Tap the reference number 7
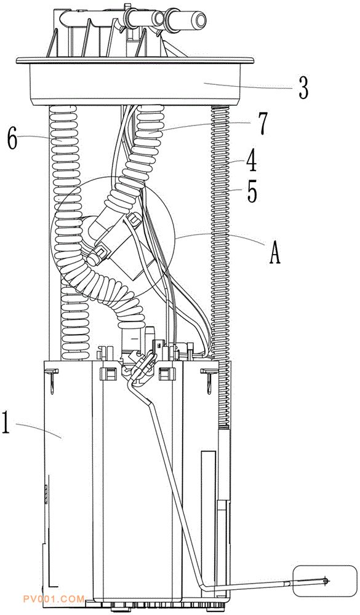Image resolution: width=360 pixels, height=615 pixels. pos(263,124)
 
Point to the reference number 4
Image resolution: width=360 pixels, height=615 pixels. pos(251,162)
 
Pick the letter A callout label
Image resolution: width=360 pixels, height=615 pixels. pos(274,253)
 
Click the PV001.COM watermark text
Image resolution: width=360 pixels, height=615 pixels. pos(54,599)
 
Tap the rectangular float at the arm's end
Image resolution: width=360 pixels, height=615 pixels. pos(325,580)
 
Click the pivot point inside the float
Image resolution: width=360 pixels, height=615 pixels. pos(325,581)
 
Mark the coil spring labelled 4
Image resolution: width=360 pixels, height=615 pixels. pos(221,267)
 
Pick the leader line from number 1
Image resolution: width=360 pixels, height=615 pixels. pos(39,429)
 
